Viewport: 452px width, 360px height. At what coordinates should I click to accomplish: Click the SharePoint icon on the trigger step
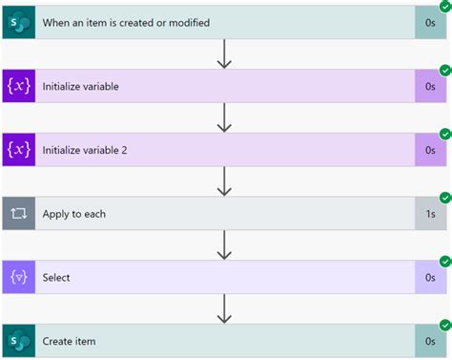pos(19,22)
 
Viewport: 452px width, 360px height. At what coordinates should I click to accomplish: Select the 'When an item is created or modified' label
pos(126,22)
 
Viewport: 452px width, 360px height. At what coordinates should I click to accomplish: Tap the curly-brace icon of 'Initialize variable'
pos(19,86)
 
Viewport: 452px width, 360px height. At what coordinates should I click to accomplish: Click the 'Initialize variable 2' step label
pos(92,150)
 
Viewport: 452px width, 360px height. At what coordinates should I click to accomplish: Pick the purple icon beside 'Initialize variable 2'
pos(19,150)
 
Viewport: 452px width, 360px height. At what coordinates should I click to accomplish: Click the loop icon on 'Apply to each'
pos(19,214)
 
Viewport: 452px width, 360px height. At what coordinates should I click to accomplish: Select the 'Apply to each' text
pos(74,214)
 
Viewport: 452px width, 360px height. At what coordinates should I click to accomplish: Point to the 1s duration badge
pos(430,214)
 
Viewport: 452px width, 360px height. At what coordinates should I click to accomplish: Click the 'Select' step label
pos(56,278)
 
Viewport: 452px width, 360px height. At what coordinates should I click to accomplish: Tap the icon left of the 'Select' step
pos(19,278)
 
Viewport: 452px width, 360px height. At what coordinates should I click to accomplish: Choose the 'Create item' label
pos(69,341)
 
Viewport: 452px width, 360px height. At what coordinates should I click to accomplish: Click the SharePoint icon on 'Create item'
pos(19,341)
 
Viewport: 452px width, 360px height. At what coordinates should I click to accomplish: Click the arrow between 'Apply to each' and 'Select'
pos(225,245)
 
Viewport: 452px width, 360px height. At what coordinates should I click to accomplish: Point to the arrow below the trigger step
pos(225,54)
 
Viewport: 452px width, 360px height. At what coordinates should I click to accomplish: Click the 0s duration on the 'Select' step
pos(430,278)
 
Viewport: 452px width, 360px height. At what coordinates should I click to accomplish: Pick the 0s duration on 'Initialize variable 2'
pos(430,150)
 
